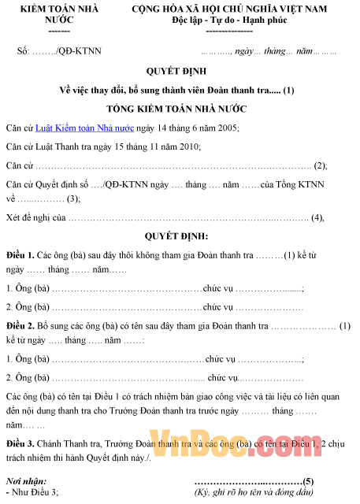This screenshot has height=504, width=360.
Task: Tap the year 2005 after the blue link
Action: pyautogui.click(x=225, y=128)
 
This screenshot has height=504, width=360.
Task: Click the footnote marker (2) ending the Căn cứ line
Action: pyautogui.click(x=320, y=165)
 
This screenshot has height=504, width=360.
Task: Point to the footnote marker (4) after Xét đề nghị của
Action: pyautogui.click(x=318, y=217)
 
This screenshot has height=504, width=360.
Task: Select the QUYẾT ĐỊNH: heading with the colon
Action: pyautogui.click(x=176, y=236)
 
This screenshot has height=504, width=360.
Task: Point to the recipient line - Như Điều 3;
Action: pyautogui.click(x=32, y=492)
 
